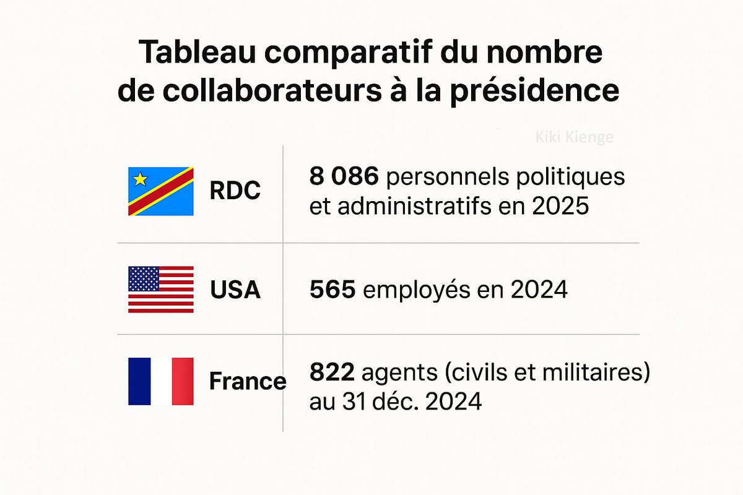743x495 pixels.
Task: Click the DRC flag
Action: tap(161, 191)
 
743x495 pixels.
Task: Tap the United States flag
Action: tap(161, 290)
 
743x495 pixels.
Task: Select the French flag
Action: tap(161, 381)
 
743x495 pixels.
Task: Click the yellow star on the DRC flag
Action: tap(141, 179)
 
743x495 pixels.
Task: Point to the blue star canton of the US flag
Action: tap(144, 279)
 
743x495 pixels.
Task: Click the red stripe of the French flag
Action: tap(183, 381)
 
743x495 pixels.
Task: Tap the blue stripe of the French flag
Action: tap(139, 381)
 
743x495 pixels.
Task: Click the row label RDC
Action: tap(235, 192)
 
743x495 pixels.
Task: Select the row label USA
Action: tap(235, 290)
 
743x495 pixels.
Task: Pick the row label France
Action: tap(248, 381)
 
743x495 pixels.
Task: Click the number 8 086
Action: tap(344, 177)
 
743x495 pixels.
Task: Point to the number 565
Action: tap(332, 290)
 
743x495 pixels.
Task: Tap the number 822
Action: tap(332, 372)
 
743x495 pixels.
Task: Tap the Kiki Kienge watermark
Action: tap(574, 137)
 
